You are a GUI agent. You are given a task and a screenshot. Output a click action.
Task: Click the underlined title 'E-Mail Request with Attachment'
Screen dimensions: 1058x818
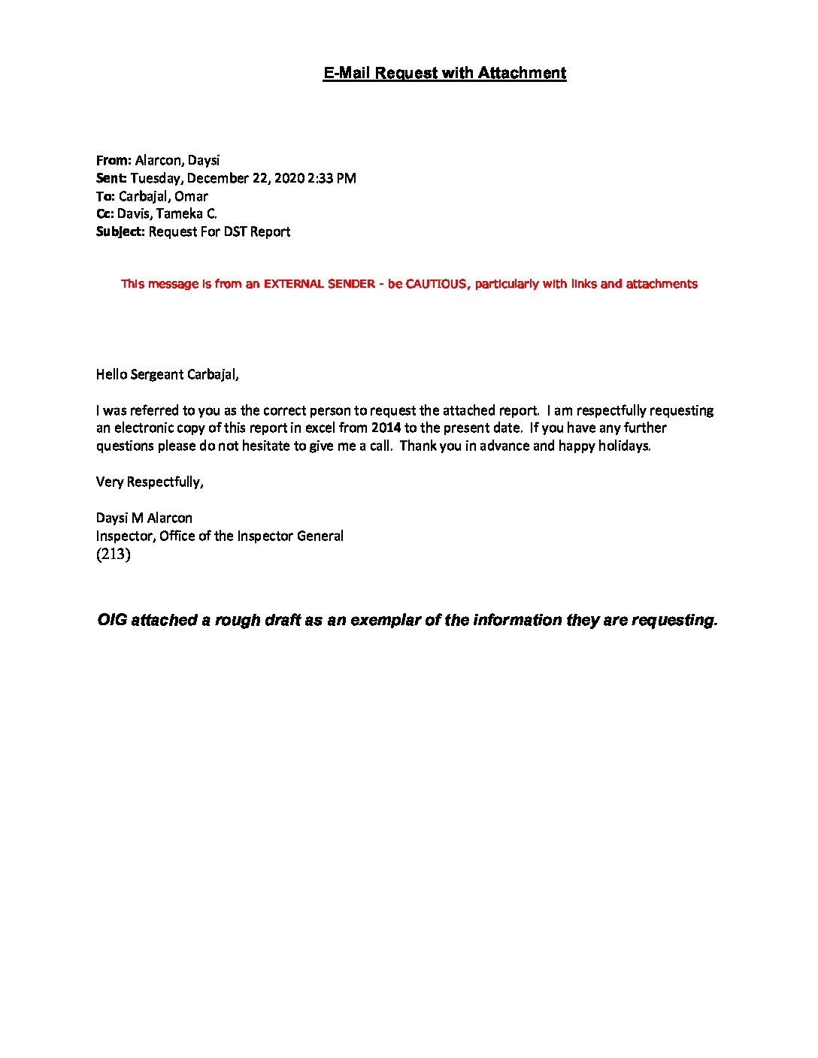[x=444, y=73]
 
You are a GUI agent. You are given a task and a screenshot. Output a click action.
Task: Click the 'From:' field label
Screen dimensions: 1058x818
[x=114, y=160]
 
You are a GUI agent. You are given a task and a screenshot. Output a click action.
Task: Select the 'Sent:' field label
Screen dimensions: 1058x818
[x=111, y=178]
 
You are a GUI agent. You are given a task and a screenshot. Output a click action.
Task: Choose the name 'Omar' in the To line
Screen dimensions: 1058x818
[x=191, y=196]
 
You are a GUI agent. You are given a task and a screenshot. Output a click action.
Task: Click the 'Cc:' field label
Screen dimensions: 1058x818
[x=105, y=214]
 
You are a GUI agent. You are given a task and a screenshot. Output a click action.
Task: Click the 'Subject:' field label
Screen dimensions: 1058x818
[x=120, y=232]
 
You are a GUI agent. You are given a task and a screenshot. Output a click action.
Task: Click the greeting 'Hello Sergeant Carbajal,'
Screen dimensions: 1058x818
[x=167, y=374]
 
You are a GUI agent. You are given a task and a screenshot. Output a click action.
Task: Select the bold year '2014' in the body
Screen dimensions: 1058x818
[x=386, y=428]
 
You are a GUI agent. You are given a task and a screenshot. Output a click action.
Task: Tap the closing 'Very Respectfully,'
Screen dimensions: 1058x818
[x=150, y=482]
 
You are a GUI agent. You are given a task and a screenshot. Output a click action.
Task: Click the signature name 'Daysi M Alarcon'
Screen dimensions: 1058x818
[x=144, y=518]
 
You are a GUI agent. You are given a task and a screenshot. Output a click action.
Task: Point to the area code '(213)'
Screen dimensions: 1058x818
[x=114, y=555]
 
